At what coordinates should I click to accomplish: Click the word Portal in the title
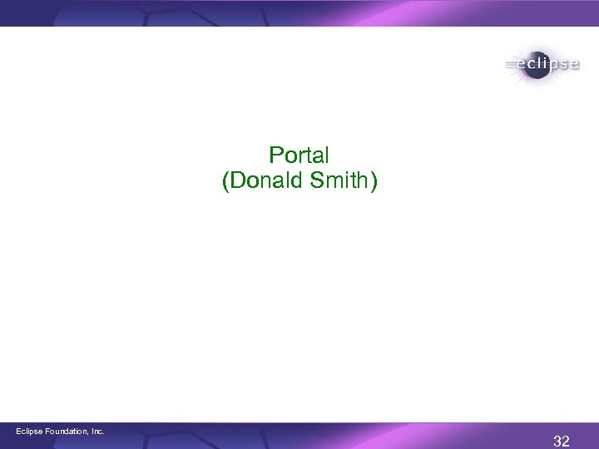click(299, 155)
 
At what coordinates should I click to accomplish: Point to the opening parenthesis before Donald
click(225, 182)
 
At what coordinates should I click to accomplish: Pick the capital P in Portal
click(275, 155)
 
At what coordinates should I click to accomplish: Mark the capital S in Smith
click(319, 181)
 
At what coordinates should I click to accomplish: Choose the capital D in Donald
click(237, 181)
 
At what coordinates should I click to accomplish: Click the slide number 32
click(561, 441)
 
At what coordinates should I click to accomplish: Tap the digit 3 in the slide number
click(557, 441)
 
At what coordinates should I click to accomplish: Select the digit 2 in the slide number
click(566, 441)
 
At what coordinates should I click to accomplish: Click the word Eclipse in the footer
click(31, 431)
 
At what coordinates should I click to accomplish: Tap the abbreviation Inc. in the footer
click(97, 431)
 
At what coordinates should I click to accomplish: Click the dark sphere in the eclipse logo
click(533, 65)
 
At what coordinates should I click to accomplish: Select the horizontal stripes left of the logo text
click(511, 63)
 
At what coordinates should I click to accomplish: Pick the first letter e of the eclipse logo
click(522, 64)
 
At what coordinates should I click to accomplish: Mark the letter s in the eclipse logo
click(562, 64)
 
